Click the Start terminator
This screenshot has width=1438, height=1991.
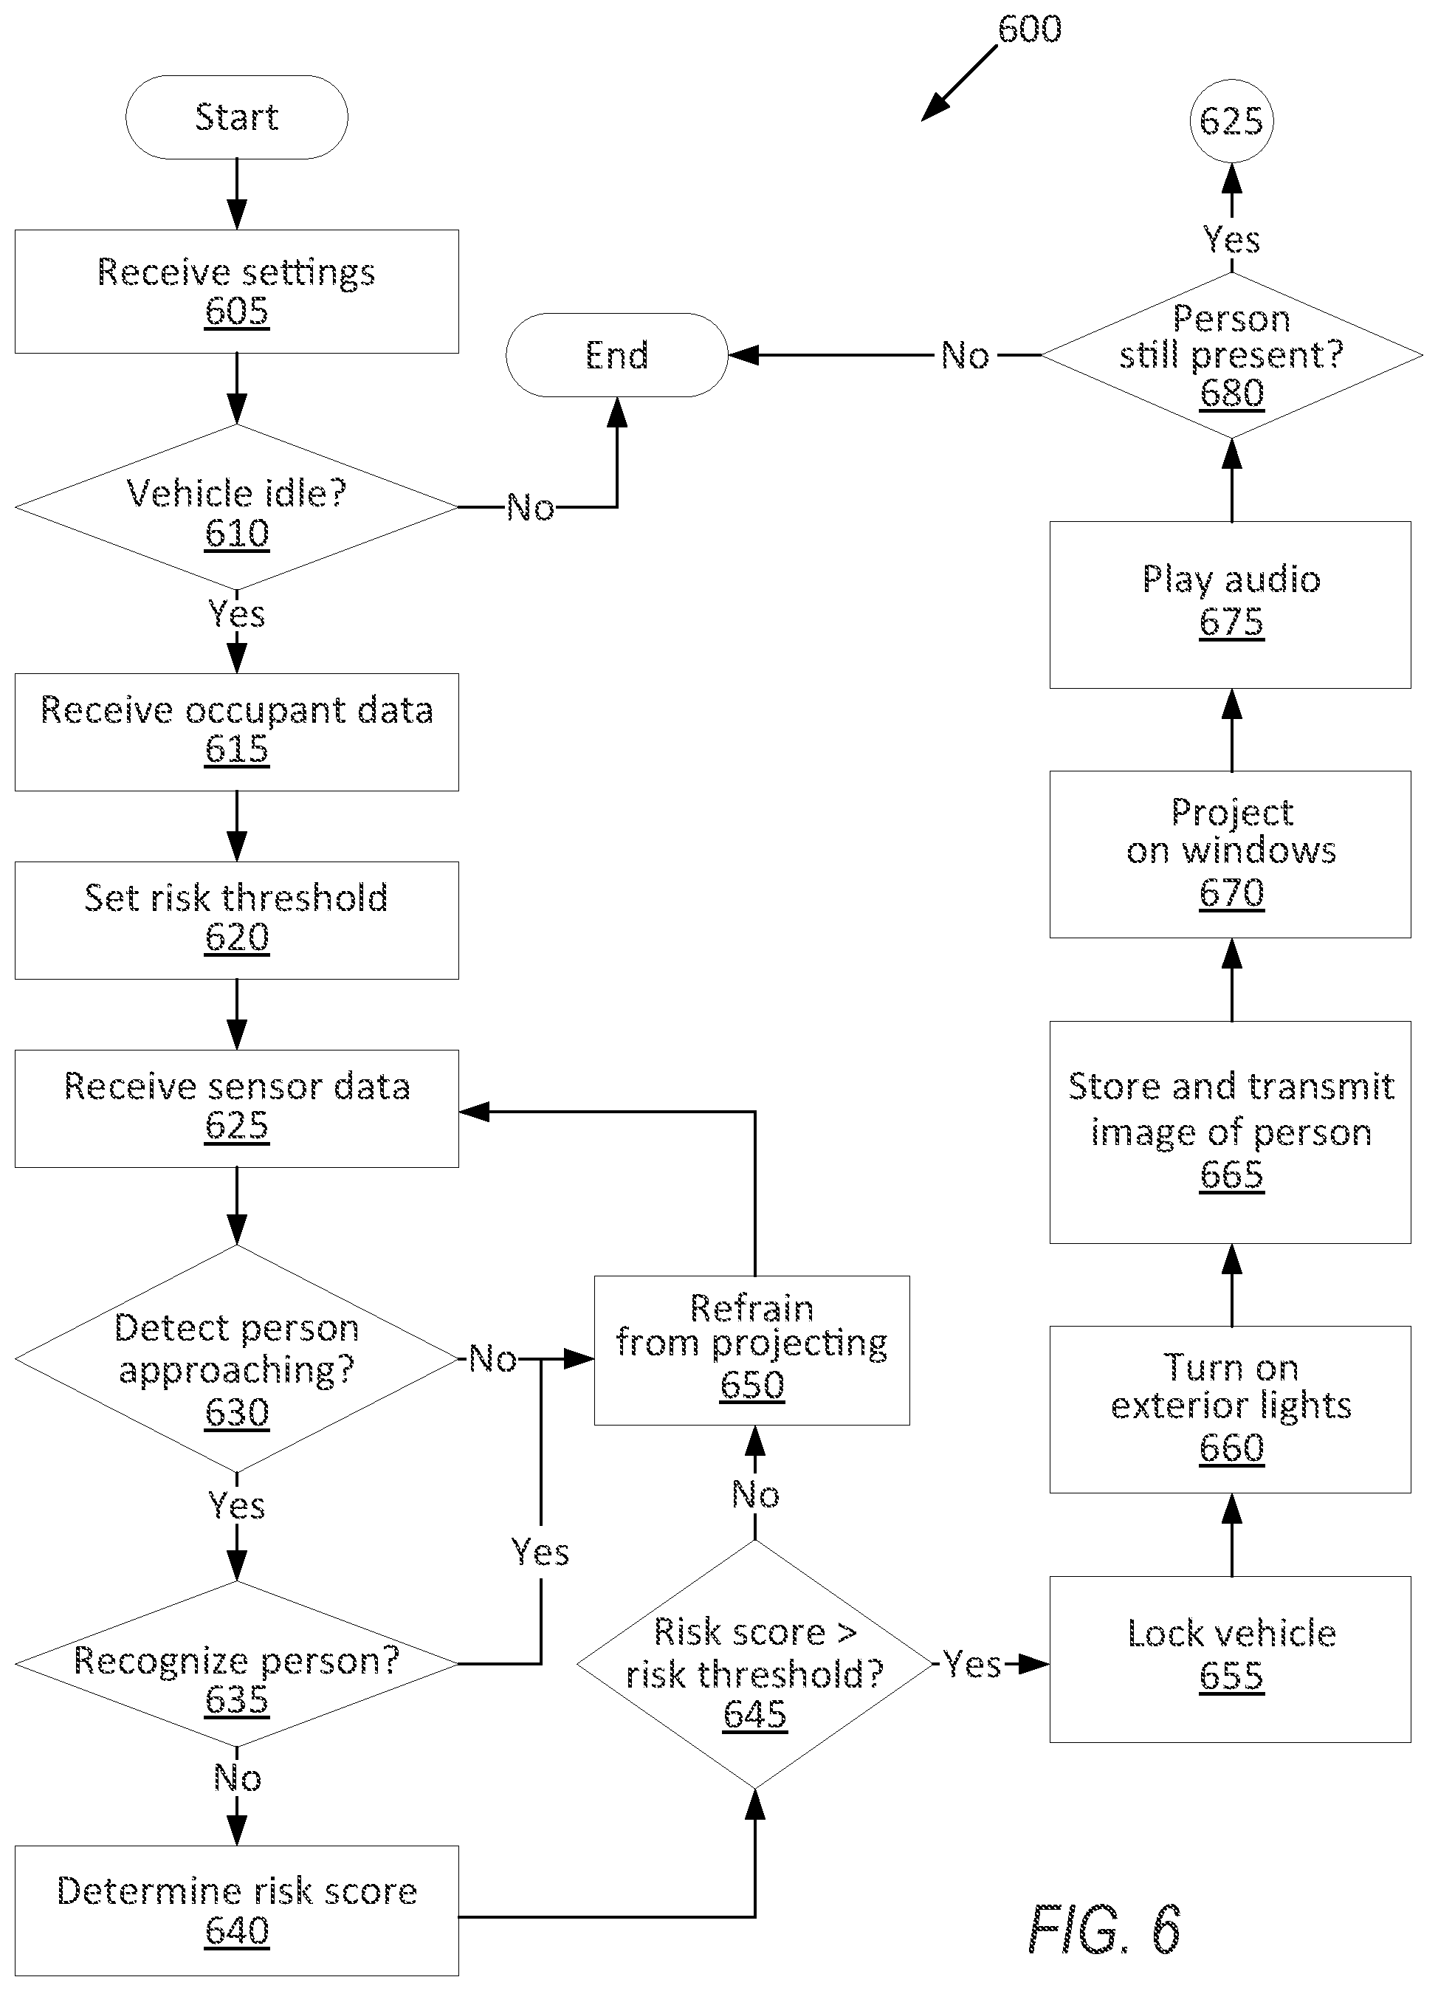(x=236, y=117)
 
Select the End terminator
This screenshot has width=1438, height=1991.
(x=616, y=354)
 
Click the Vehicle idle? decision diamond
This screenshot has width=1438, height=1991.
(x=236, y=507)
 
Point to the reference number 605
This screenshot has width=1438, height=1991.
(x=237, y=311)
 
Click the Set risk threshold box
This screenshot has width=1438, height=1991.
(x=236, y=920)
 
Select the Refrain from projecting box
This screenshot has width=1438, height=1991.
(x=752, y=1350)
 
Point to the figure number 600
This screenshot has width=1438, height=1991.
(x=1029, y=29)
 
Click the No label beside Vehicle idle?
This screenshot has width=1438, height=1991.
(x=530, y=507)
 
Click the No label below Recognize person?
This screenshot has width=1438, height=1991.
(x=237, y=1778)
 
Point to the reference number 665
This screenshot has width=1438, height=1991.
(x=1232, y=1175)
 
